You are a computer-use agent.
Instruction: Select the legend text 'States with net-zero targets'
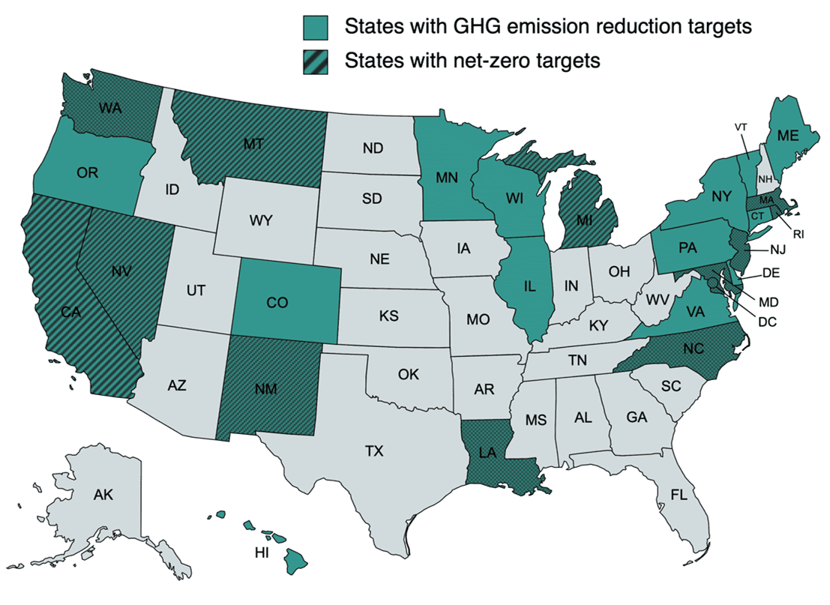[x=472, y=61]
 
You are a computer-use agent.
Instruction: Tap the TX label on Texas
[x=374, y=451]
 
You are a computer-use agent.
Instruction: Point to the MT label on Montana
[x=253, y=143]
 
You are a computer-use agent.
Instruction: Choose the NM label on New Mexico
[x=266, y=389]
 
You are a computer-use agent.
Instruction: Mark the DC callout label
[x=766, y=322]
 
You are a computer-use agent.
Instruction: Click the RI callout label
[x=799, y=234]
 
